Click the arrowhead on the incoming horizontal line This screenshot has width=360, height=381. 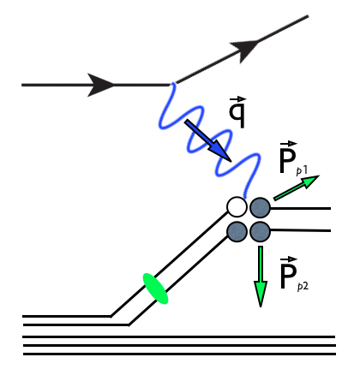101,84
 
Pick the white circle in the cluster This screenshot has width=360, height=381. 237,206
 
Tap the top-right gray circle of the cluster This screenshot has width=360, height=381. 260,206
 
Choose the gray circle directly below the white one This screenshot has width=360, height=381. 237,230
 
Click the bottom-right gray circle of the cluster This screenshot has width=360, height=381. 260,230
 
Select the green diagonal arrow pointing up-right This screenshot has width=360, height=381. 297,188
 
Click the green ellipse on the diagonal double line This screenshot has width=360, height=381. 154,288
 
